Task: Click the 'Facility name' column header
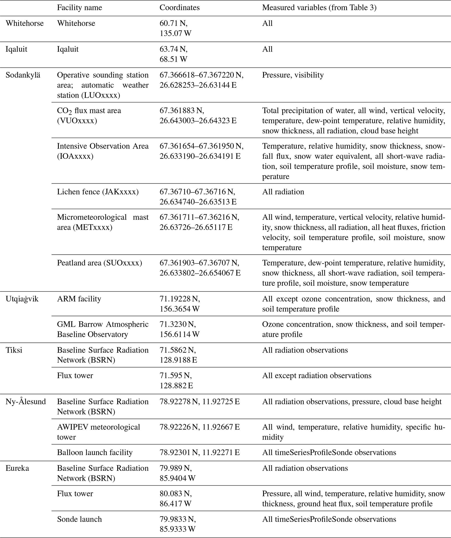[x=79, y=8]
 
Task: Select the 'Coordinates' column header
[x=179, y=8]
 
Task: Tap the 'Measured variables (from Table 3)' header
[x=319, y=8]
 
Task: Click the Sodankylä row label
[x=23, y=75]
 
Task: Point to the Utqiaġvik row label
[x=22, y=299]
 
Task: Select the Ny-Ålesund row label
[x=26, y=401]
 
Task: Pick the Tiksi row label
[x=14, y=350]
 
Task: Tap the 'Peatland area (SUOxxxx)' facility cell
[x=99, y=263]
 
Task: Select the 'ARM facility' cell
[x=79, y=299]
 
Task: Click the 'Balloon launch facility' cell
[x=94, y=452]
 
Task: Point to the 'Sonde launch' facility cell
[x=79, y=519]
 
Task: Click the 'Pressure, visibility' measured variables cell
[x=293, y=75]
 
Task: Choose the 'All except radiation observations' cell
[x=316, y=376]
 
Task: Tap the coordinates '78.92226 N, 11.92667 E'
[x=200, y=427]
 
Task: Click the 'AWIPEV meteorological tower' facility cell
[x=98, y=432]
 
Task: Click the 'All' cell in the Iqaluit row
[x=267, y=49]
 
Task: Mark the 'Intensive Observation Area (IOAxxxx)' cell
[x=103, y=151]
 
